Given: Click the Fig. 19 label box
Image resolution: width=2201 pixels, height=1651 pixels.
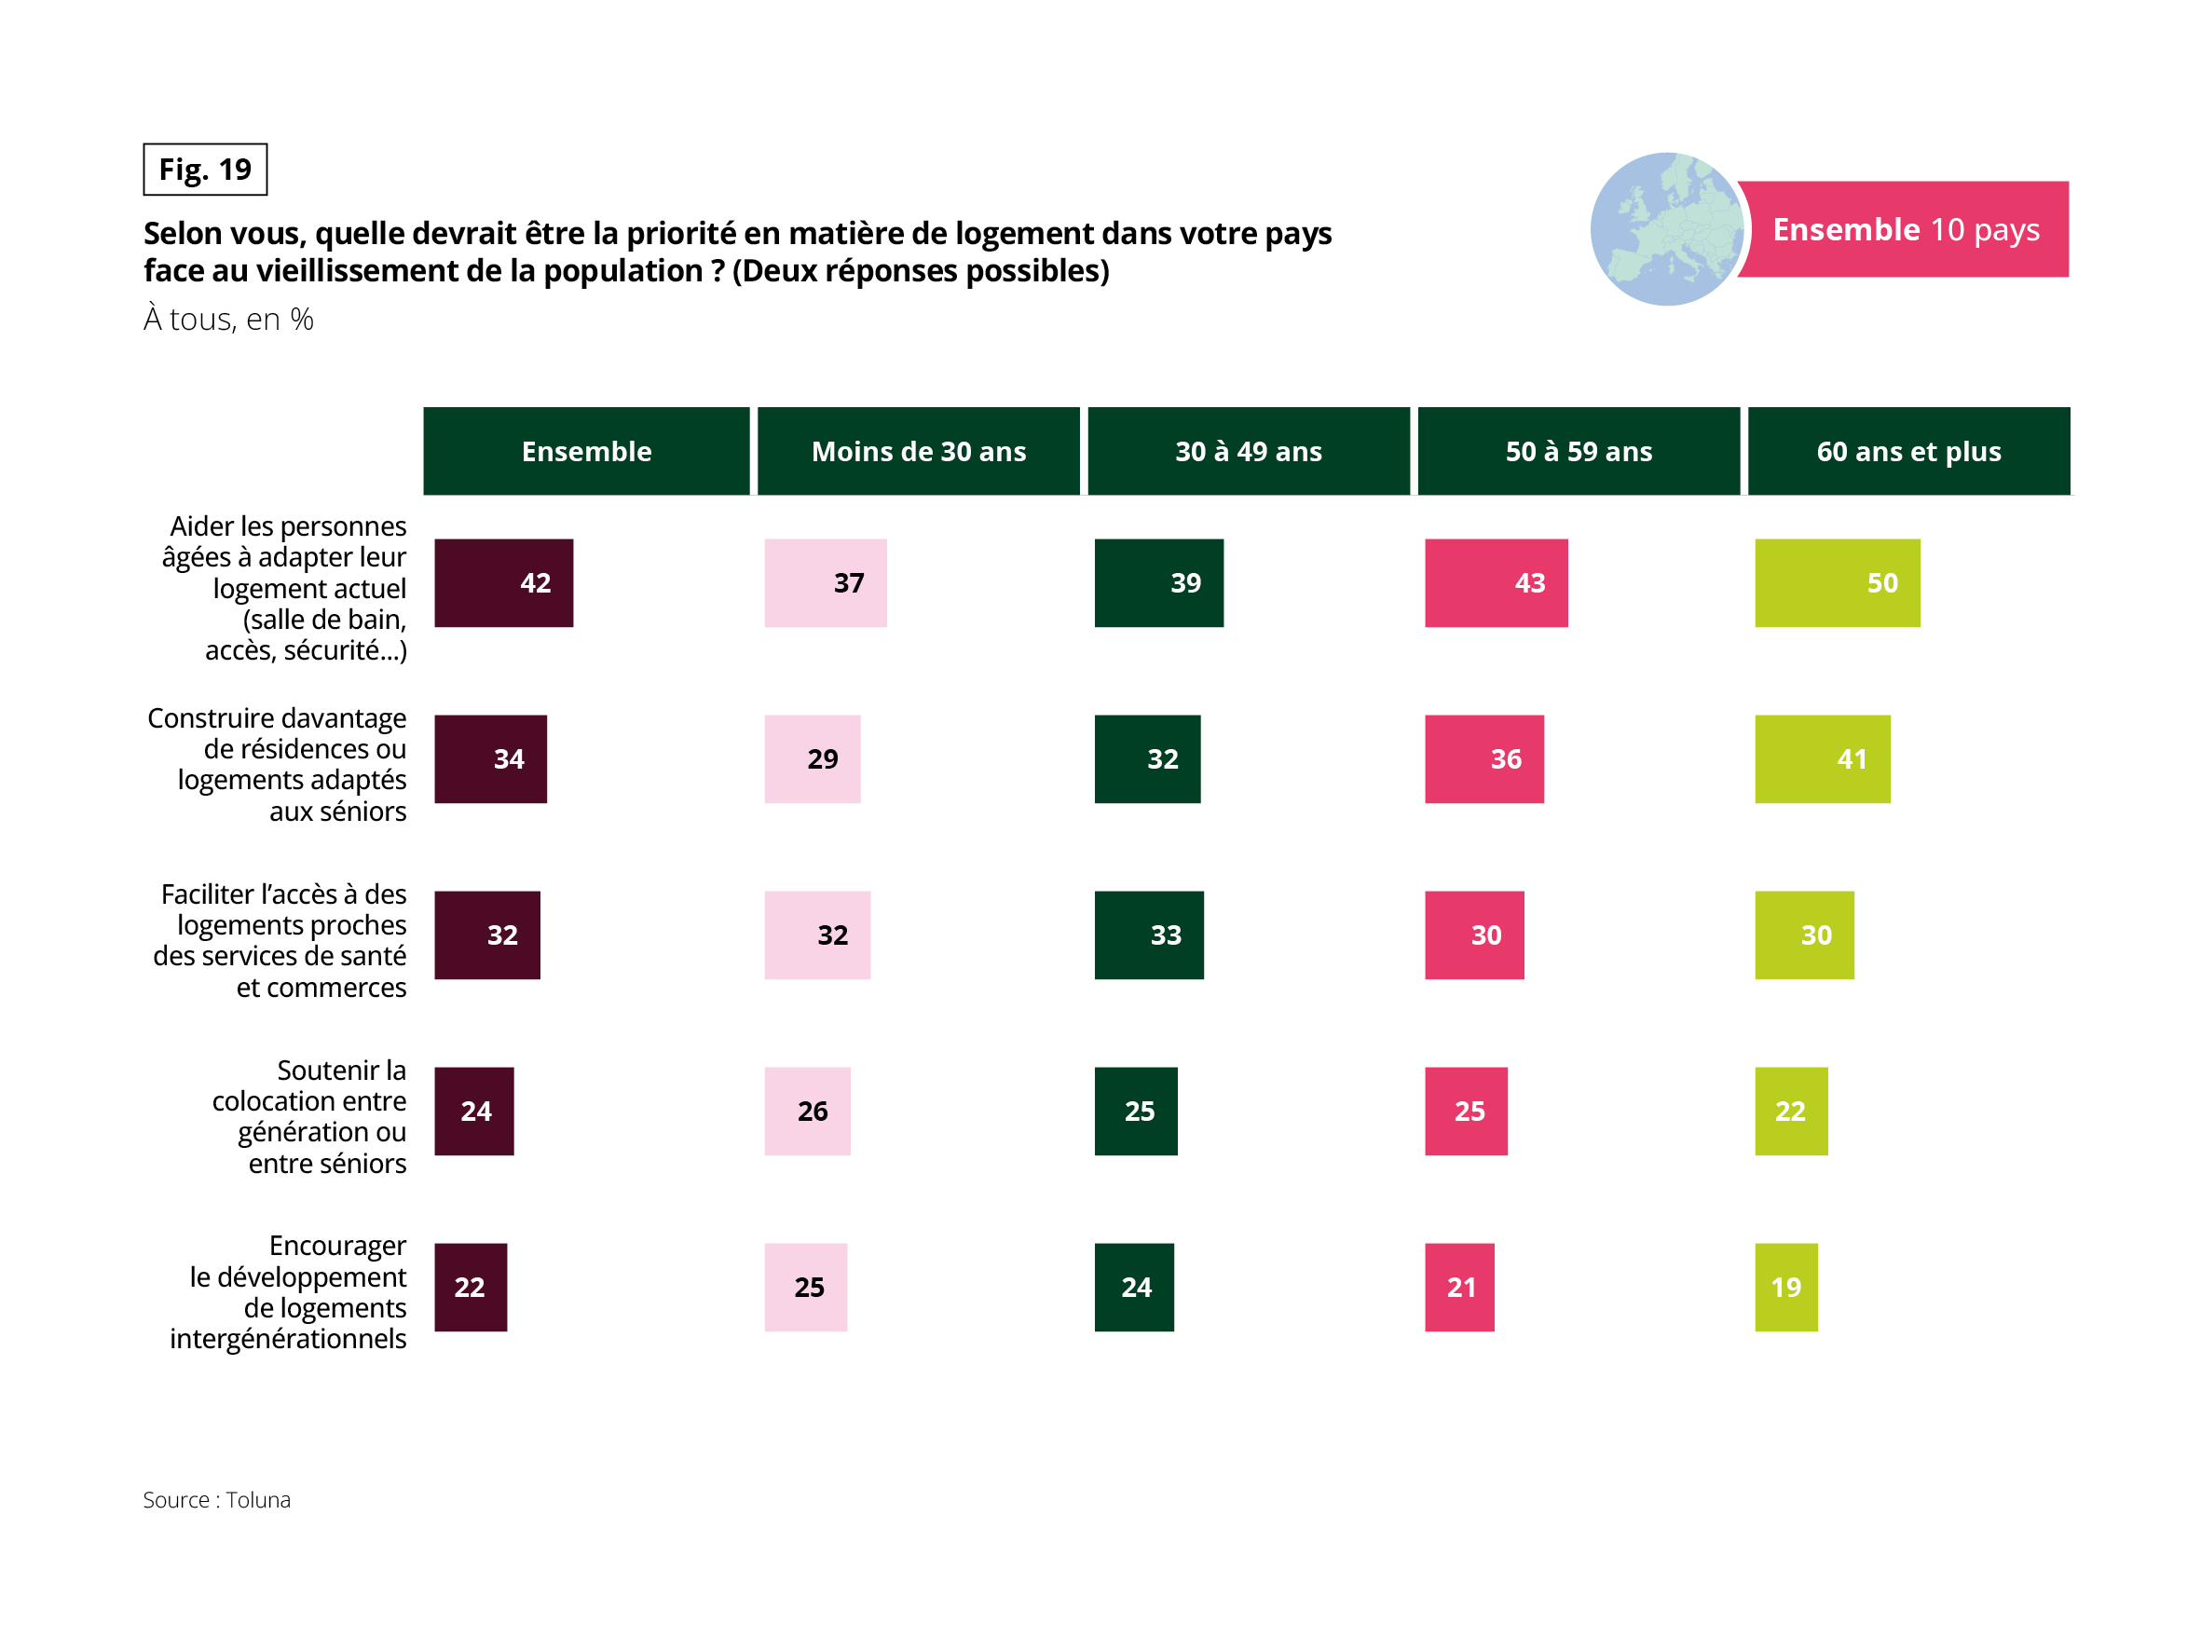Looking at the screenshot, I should (205, 170).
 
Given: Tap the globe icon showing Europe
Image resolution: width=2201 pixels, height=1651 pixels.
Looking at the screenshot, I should (1666, 229).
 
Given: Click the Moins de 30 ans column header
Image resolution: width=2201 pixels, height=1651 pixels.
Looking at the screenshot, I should (919, 451).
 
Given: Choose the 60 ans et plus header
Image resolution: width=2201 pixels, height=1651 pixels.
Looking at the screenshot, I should (1908, 451).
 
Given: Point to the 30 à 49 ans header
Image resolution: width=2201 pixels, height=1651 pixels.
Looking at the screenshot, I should (1248, 451).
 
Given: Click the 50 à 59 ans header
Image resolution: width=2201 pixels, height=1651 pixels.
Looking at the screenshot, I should (1579, 451).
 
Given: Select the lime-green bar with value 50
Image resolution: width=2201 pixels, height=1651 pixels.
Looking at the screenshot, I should (1837, 583).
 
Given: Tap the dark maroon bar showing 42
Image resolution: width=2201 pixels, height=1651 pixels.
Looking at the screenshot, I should (503, 583).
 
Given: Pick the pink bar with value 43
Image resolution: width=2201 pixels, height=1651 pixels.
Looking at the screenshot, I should (1496, 583).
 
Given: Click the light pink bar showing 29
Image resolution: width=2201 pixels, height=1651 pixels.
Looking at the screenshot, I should (812, 759).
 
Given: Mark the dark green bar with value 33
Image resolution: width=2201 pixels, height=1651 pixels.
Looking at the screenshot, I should (1148, 935).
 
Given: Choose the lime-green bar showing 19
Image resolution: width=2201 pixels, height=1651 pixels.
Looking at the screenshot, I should (1786, 1287).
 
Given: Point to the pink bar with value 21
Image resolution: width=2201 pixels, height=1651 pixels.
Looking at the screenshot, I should (1458, 1287).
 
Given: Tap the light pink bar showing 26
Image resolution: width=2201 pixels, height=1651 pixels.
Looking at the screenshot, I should (807, 1111).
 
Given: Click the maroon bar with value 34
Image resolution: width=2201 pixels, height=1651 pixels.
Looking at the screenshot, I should (490, 759).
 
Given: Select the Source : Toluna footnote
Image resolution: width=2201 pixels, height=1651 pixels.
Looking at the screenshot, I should (217, 1500).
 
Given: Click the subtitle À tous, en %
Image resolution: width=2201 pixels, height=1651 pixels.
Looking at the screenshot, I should (229, 320).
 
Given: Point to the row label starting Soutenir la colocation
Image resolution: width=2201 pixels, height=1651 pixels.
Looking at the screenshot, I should (309, 1115).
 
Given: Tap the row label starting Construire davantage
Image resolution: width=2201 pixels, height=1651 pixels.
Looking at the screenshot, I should (279, 764).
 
